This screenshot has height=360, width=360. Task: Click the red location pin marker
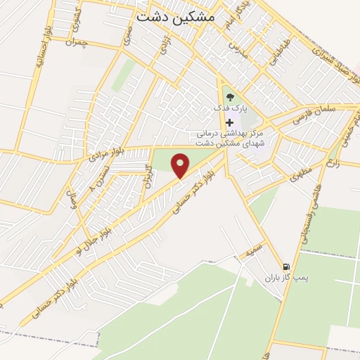point(181,166)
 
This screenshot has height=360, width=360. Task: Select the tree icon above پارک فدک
point(229,97)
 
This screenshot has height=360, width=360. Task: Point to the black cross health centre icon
point(229,122)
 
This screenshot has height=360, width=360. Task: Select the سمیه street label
point(254,251)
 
